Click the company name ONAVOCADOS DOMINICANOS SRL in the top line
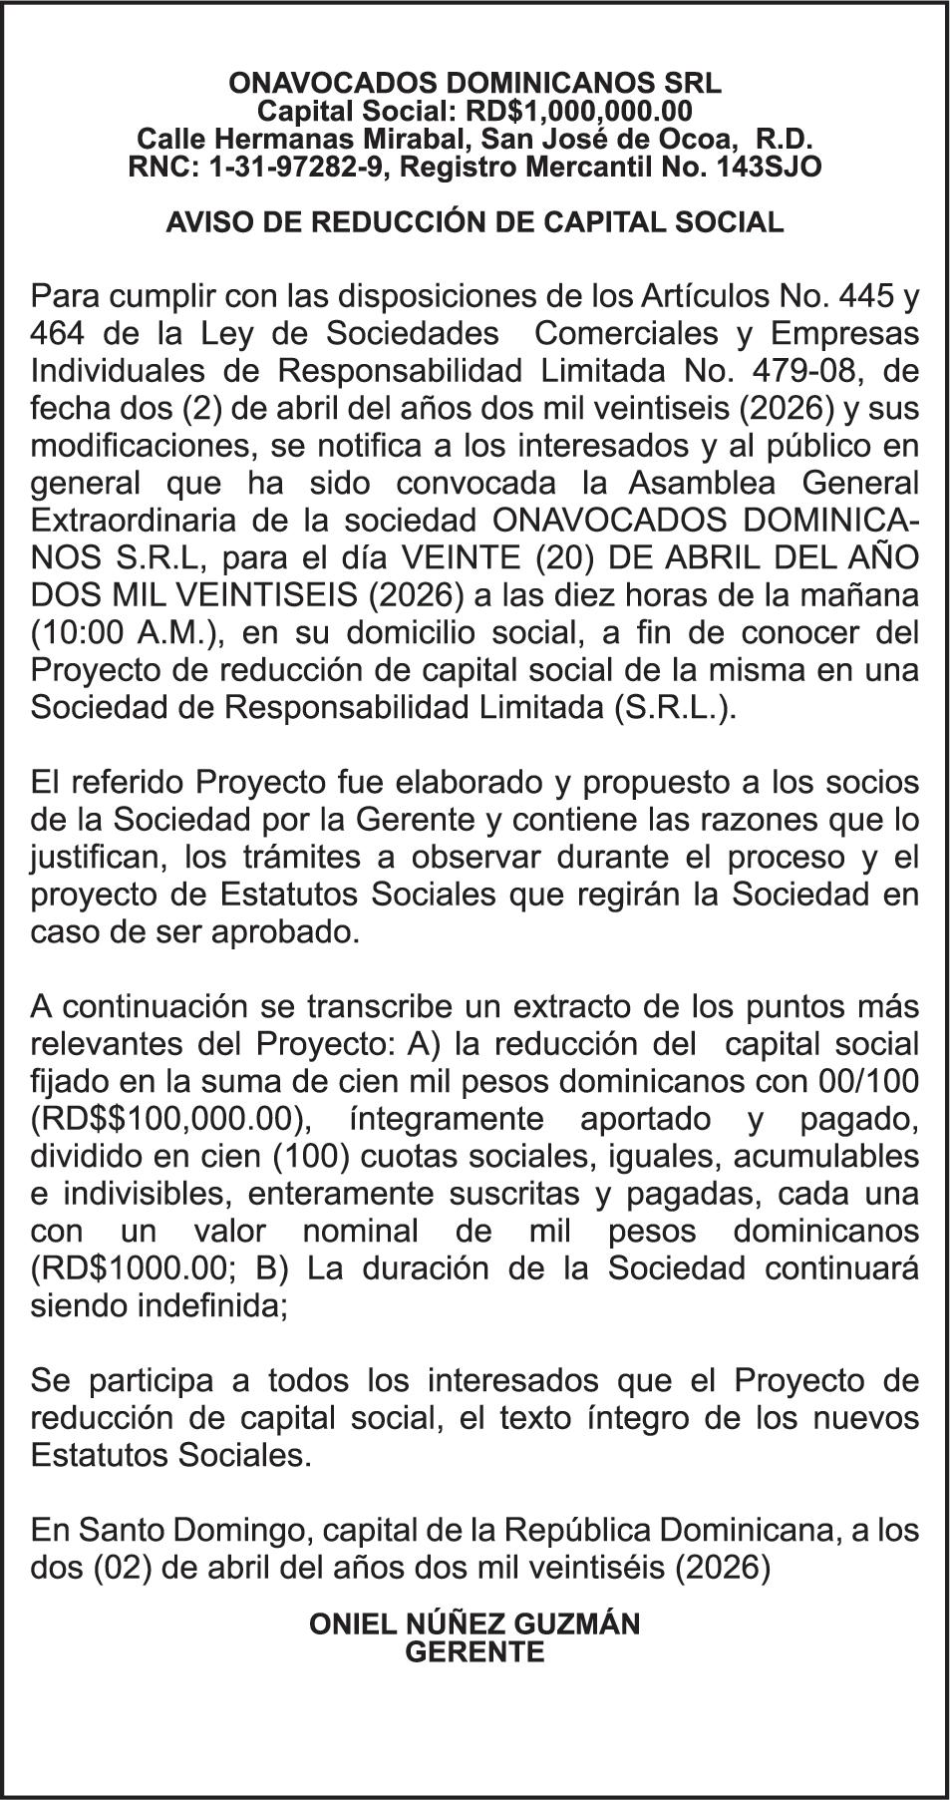tap(475, 83)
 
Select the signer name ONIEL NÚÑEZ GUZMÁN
tap(475, 1624)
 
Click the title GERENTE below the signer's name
tap(475, 1652)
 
